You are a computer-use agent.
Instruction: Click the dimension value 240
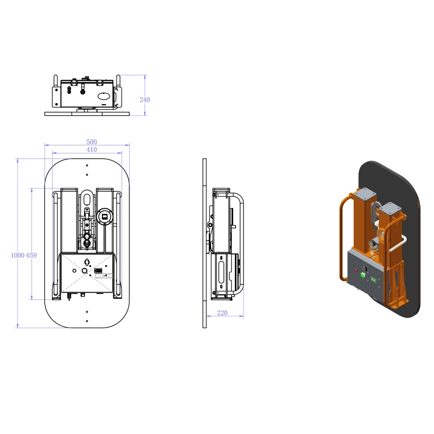(144, 100)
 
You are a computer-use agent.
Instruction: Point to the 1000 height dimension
(18, 255)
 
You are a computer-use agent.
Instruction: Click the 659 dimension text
(31, 255)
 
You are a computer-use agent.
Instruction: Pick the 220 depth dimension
(222, 313)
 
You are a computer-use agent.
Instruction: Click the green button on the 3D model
(362, 274)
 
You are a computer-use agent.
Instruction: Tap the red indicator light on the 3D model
(356, 270)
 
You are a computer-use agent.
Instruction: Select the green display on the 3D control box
(374, 280)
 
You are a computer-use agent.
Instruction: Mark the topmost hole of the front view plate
(87, 165)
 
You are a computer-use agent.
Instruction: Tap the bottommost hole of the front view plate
(87, 321)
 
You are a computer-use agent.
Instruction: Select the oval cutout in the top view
(104, 97)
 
